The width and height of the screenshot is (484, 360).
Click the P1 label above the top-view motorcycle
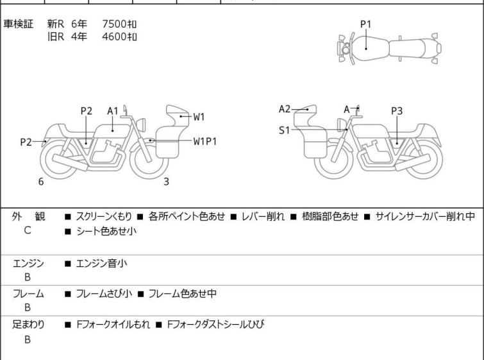[365, 24]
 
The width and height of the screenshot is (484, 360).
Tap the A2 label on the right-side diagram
[285, 109]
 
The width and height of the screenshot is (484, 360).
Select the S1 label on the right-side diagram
[284, 130]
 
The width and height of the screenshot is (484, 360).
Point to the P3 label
[397, 111]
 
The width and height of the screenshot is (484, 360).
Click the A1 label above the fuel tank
[113, 111]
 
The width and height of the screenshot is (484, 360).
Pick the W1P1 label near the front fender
[205, 141]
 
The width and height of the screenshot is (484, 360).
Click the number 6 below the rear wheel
[41, 182]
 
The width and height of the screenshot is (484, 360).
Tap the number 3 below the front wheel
[166, 182]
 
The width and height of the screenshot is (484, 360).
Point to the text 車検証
[18, 24]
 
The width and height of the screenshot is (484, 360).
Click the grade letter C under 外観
[28, 230]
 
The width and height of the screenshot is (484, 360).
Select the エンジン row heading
[28, 263]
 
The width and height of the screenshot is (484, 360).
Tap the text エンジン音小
[101, 263]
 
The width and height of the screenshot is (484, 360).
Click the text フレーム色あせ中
[182, 293]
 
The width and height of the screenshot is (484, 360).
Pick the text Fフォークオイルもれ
[113, 325]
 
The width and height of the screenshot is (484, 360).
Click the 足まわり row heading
[28, 325]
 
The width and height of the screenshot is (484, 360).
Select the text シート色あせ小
[106, 231]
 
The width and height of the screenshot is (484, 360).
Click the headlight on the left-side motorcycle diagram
[141, 125]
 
